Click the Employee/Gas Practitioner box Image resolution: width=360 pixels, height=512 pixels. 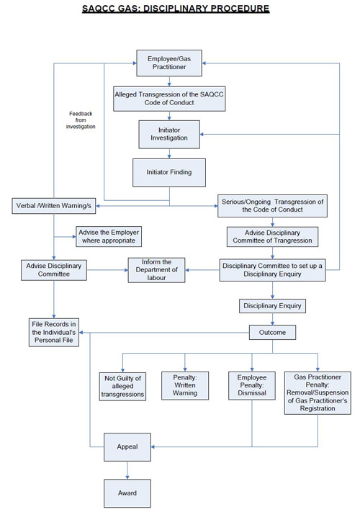coord(169,63)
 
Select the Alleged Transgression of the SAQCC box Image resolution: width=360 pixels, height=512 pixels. coord(169,99)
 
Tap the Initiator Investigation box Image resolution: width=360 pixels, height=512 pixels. coord(169,134)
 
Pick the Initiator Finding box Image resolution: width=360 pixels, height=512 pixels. coord(169,172)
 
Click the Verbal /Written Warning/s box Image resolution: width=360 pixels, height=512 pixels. coord(54,206)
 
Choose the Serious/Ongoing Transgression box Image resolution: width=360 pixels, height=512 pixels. coord(272,206)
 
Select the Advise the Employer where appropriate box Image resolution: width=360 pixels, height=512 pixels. coord(109,236)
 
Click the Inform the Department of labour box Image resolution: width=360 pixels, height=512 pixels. coord(156,270)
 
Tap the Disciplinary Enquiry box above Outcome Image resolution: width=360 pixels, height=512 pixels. coord(272,306)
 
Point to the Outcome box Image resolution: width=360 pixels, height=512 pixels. coord(272,333)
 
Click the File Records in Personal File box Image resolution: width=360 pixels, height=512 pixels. coord(54,333)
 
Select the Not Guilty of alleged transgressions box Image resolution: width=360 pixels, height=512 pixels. coord(122,386)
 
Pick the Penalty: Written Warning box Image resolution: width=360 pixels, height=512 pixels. coord(185,386)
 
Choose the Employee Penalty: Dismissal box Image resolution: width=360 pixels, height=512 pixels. coord(252,386)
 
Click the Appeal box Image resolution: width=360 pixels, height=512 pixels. coord(127,447)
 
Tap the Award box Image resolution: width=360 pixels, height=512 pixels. coord(127,493)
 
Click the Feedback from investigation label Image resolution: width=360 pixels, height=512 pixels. coord(81,120)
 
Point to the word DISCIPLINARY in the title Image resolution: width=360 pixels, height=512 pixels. coord(175,9)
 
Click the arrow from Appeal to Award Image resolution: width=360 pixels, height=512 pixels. coord(127,470)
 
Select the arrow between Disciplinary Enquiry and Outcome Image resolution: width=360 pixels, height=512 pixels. coord(272,319)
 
